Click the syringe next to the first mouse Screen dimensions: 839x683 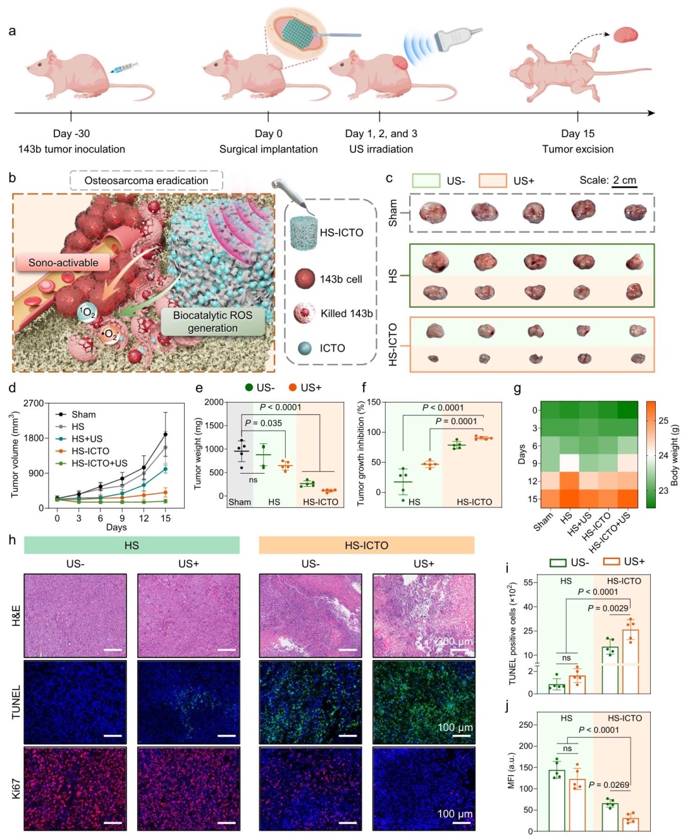point(125,68)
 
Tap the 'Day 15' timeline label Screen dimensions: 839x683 point(577,133)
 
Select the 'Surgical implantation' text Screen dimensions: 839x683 point(268,149)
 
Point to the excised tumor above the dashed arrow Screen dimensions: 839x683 point(625,34)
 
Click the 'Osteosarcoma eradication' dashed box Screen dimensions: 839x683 point(146,181)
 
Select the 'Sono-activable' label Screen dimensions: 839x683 point(63,262)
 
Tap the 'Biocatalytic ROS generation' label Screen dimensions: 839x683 point(212,321)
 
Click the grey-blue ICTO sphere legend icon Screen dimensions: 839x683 point(305,348)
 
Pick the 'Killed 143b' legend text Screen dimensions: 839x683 point(347,313)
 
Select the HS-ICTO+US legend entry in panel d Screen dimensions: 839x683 point(99,463)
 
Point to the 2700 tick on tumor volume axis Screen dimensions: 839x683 point(34,403)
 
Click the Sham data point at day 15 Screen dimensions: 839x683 point(166,434)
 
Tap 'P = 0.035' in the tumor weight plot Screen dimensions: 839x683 point(263,423)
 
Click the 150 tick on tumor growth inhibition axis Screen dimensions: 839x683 point(374,402)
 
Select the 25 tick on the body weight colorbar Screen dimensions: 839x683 point(663,420)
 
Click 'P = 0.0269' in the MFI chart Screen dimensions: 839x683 point(608,785)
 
